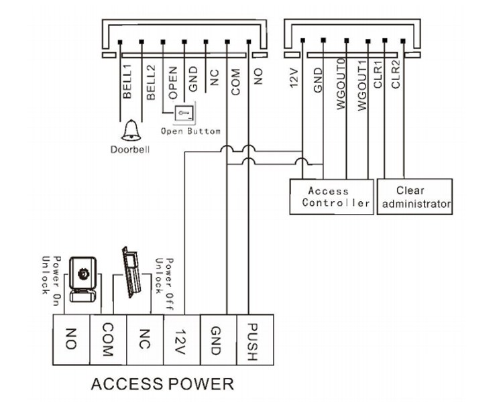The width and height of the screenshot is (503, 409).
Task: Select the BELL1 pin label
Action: (x=127, y=82)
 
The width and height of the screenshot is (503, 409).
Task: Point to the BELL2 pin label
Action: (x=150, y=82)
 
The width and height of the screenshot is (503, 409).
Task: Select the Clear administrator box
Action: (x=415, y=196)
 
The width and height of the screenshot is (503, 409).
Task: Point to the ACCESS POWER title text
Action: (x=162, y=385)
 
